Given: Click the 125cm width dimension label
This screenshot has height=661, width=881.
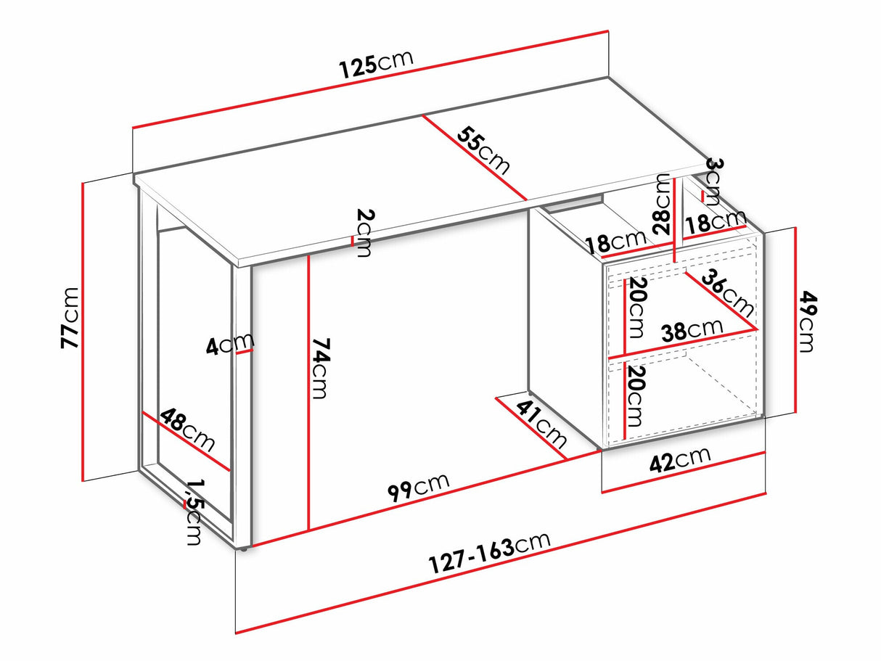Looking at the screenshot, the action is click(376, 64).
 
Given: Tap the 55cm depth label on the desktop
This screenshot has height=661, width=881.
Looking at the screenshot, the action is click(483, 150).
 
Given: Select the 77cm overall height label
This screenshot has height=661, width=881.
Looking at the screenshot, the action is click(70, 318).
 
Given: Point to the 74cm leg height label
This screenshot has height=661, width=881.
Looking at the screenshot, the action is click(320, 369).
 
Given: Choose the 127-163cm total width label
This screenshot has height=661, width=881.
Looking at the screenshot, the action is click(489, 553).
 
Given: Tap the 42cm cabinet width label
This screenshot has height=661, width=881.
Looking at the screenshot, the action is click(680, 460).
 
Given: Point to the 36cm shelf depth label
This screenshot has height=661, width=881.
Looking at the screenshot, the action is click(727, 292).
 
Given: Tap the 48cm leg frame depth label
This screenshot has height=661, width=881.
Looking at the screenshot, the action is click(187, 430).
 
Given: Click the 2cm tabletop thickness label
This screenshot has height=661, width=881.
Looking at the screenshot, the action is click(364, 232).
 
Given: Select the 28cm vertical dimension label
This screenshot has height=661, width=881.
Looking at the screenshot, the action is click(663, 204).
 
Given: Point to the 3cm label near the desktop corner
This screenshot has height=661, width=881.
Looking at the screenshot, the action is click(714, 182).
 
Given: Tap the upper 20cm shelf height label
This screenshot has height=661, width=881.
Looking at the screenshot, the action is click(637, 308).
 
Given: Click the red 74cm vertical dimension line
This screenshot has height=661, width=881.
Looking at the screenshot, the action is click(308, 392).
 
